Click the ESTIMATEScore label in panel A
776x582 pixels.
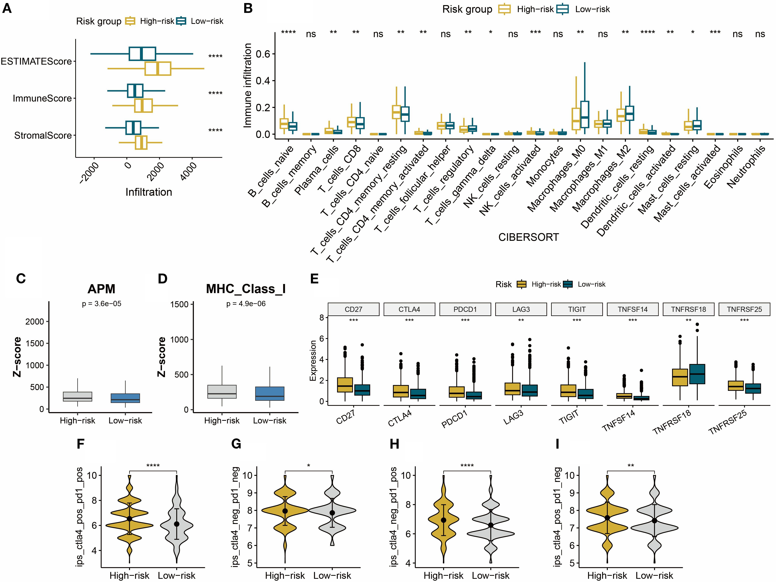point(36,61)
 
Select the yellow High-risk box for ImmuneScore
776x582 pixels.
point(143,106)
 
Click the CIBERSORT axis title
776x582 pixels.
point(528,238)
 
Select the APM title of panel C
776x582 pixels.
point(101,289)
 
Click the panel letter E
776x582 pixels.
point(314,279)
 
